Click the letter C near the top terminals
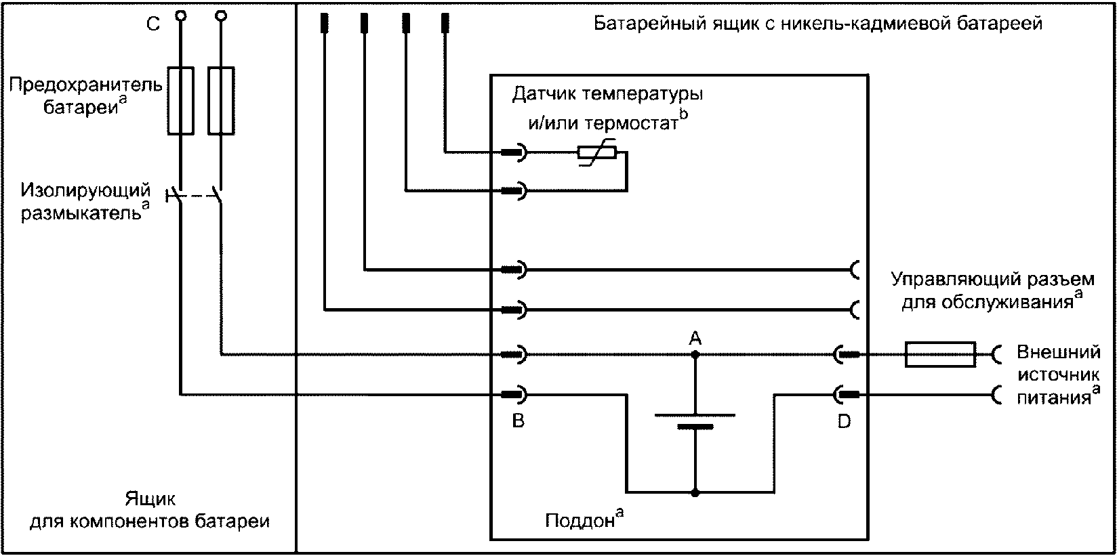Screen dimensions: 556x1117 [153, 24]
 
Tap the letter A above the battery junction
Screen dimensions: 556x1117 [695, 337]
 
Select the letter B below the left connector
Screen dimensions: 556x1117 [518, 421]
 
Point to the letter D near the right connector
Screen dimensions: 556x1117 [844, 421]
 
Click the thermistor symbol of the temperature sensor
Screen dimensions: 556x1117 [596, 153]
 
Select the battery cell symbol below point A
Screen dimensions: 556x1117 [695, 420]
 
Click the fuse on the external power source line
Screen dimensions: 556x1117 [940, 354]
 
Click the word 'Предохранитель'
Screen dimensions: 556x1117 [87, 86]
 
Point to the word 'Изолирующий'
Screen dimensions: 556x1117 [85, 190]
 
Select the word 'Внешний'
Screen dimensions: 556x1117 [1057, 352]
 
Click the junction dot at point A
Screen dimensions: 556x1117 [695, 354]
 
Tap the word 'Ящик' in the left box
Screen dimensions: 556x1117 [150, 500]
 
